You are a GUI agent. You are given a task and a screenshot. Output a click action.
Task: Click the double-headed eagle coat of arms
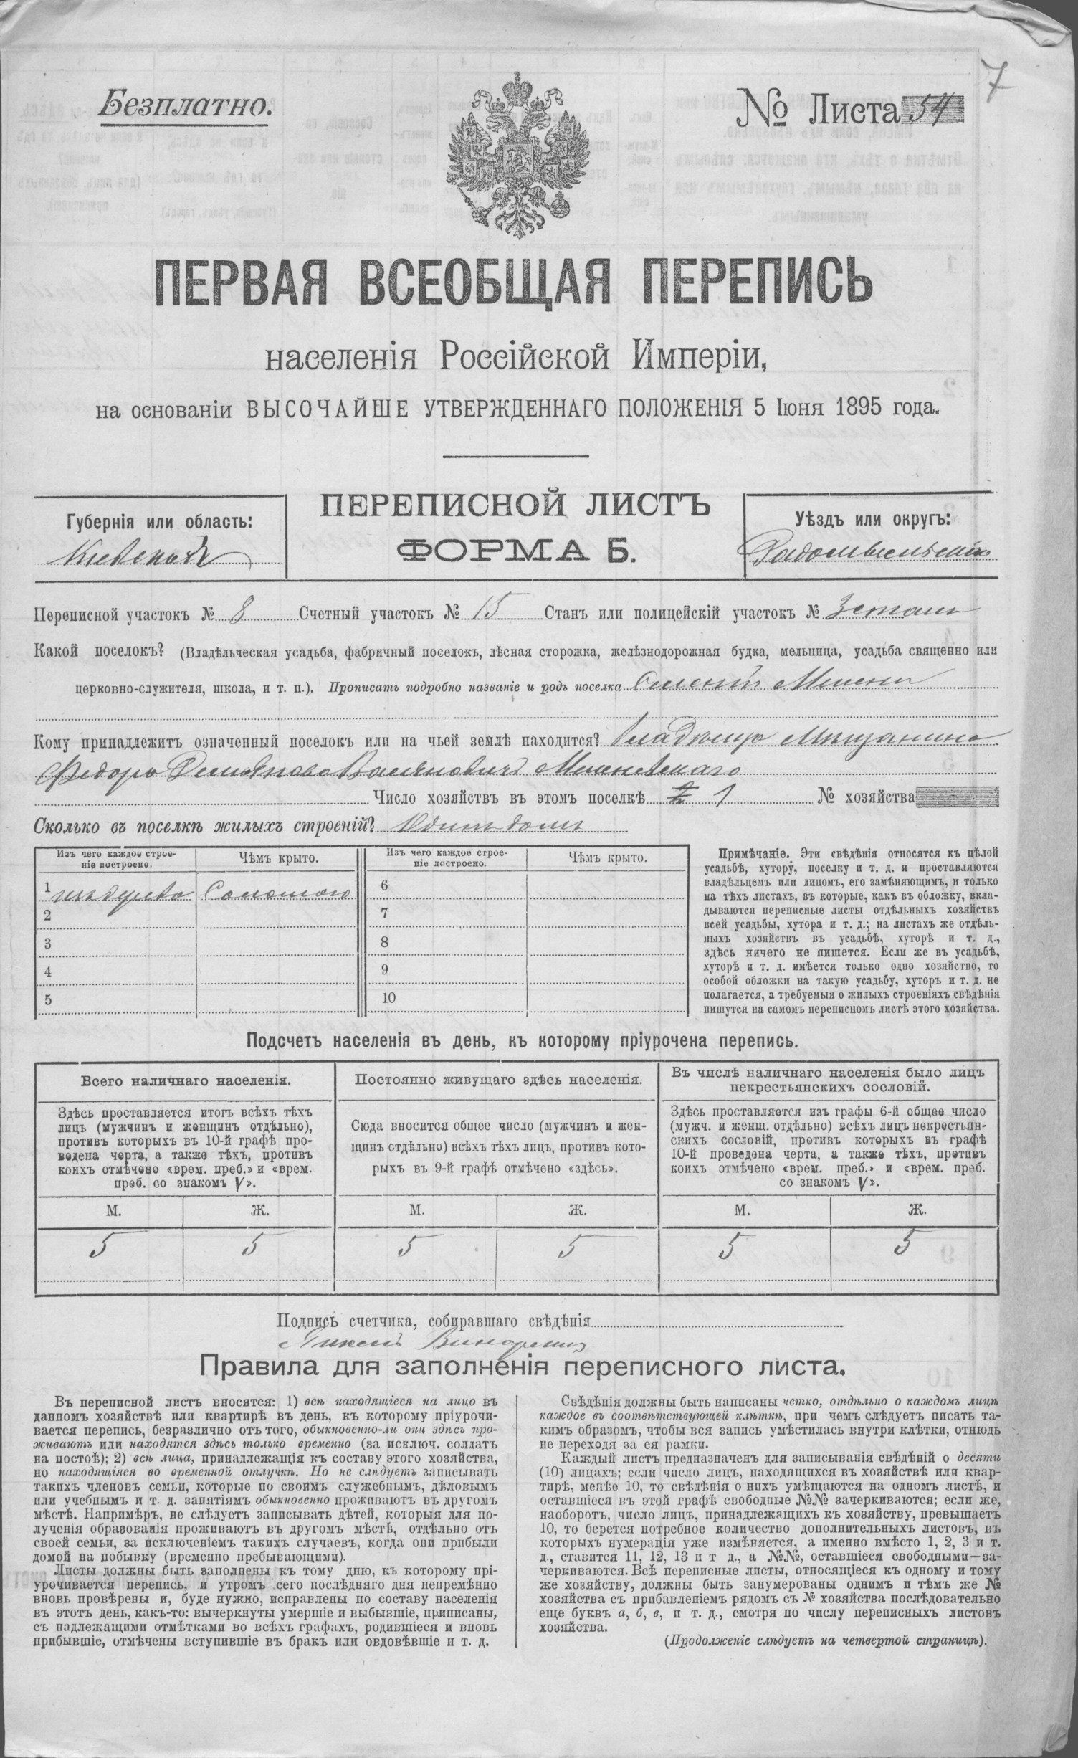(510, 153)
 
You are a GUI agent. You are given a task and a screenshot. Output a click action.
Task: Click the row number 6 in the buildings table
(384, 886)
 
